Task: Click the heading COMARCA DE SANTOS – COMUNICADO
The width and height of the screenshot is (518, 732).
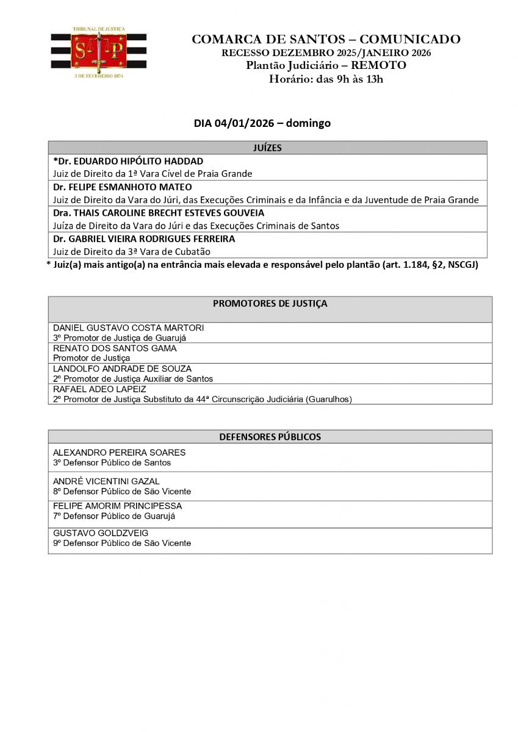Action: [x=326, y=40]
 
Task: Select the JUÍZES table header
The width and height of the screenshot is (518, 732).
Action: [x=267, y=148]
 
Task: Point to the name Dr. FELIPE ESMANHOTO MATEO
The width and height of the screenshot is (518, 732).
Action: [x=122, y=187]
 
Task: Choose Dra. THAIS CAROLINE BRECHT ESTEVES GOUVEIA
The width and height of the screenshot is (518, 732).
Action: [x=159, y=213]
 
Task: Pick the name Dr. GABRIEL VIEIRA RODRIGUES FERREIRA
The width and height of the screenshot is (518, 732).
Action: [x=144, y=239]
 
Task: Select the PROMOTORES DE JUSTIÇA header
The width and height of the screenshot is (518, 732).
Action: [x=270, y=303]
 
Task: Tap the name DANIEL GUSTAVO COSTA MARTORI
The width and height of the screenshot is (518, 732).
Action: [x=128, y=328]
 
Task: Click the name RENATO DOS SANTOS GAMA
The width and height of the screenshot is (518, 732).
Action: [x=115, y=348]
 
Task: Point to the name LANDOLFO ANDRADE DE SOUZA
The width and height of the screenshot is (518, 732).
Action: [x=122, y=368]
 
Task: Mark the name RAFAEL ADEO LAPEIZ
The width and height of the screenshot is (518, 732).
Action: [x=99, y=389]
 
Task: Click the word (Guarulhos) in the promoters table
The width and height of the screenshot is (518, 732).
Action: [x=329, y=399]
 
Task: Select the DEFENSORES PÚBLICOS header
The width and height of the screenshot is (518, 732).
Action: [x=270, y=437]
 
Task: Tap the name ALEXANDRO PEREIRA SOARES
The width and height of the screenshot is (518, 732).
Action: [x=119, y=453]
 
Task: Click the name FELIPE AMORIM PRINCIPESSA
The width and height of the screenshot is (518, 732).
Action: [x=117, y=506]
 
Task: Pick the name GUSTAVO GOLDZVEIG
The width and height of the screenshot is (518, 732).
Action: [x=92, y=533]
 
